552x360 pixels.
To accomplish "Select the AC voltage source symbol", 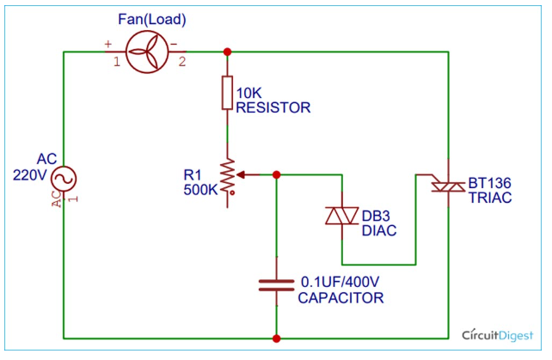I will point(63,179).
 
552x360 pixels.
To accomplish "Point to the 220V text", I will point(30,176).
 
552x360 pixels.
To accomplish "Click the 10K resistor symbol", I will point(227,93).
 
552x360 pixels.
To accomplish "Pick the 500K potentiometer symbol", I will point(228,178).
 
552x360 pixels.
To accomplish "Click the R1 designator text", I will point(193,174).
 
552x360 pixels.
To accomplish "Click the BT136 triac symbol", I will point(447,190).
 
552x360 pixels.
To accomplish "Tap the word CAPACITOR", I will point(340,297).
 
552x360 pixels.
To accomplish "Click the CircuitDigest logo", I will point(499,334).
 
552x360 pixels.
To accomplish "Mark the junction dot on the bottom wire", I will point(276,338).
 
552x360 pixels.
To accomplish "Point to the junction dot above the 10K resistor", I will point(227,52).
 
